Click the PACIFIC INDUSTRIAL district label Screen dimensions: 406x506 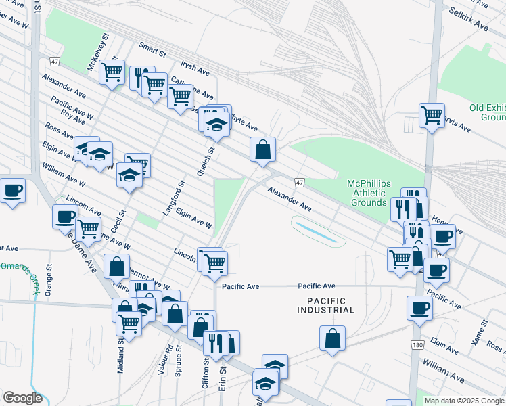(325, 305)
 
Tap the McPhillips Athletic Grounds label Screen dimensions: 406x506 (375, 193)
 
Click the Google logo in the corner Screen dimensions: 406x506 (22, 398)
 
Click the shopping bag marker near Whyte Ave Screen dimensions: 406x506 (262, 150)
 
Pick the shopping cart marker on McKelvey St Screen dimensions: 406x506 (112, 71)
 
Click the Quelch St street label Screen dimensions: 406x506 (201, 162)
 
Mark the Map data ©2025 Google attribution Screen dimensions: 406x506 (464, 401)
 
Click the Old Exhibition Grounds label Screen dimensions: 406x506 (487, 112)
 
